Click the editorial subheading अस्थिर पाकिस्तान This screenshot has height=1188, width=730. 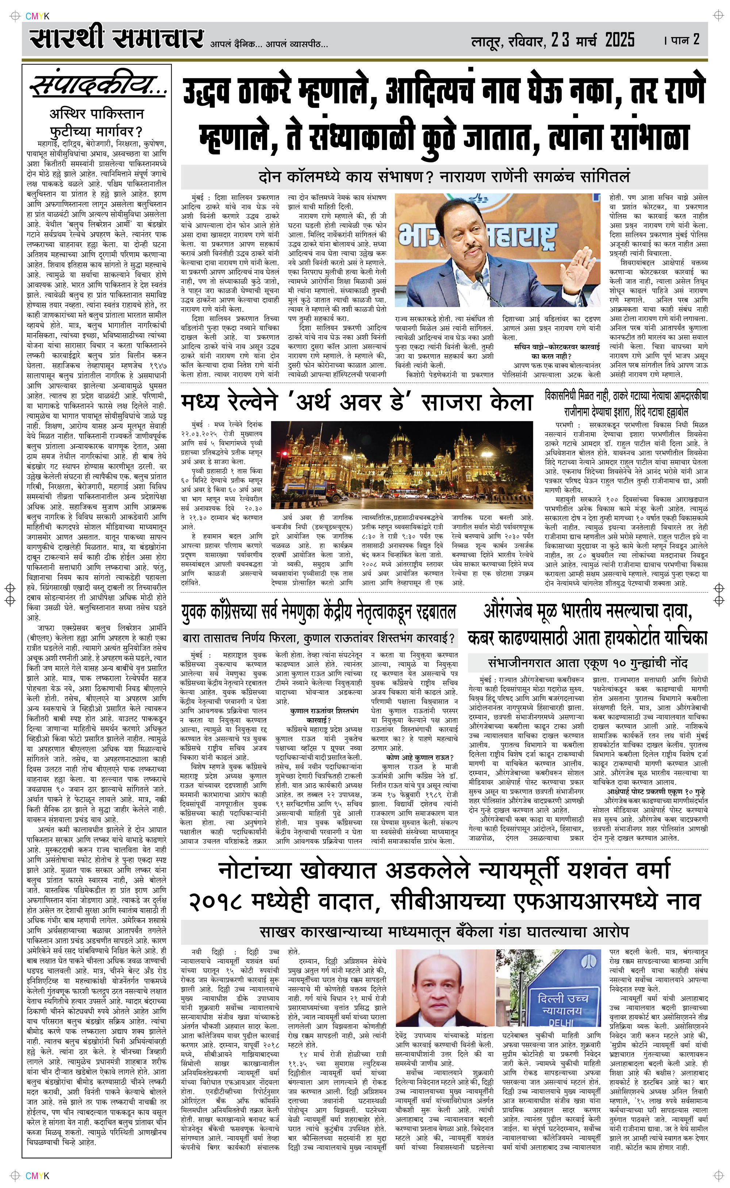click(x=97, y=114)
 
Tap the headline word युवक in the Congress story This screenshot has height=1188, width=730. click(x=195, y=612)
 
